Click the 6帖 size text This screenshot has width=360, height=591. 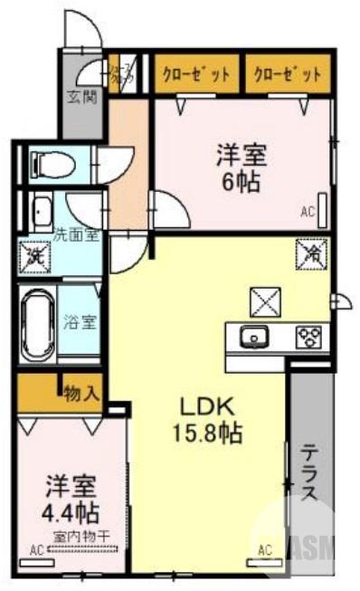[242, 183]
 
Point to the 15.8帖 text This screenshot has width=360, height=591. [207, 434]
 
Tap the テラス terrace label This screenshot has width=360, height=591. [308, 471]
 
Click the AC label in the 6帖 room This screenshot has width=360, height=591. [307, 214]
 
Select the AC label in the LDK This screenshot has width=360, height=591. [265, 549]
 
